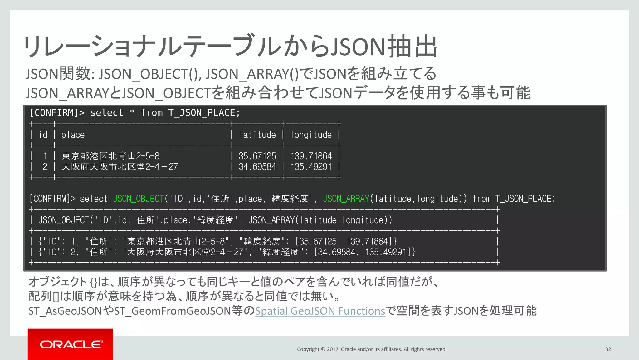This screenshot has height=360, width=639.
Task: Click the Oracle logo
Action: pyautogui.click(x=71, y=344)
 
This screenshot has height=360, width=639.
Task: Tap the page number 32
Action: pyautogui.click(x=608, y=349)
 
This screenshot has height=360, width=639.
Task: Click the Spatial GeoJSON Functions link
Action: pyautogui.click(x=320, y=311)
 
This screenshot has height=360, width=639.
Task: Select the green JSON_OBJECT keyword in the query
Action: pyautogui.click(x=138, y=199)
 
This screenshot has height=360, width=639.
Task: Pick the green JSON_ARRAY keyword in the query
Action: pyautogui.click(x=346, y=199)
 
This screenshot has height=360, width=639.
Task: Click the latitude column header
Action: pyautogui.click(x=257, y=135)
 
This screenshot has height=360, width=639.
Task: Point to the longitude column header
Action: pyautogui.click(x=311, y=135)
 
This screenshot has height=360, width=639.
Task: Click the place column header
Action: pyautogui.click(x=73, y=135)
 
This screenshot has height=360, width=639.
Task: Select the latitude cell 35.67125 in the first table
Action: pyautogui.click(x=257, y=156)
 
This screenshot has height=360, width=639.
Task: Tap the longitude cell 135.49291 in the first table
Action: pyautogui.click(x=311, y=167)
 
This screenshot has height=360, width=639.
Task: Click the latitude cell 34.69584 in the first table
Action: pyautogui.click(x=257, y=167)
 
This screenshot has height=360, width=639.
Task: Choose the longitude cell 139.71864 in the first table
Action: pyautogui.click(x=311, y=156)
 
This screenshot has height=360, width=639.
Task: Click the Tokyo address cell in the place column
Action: pyautogui.click(x=110, y=156)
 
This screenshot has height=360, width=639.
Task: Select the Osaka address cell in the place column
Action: pyautogui.click(x=120, y=167)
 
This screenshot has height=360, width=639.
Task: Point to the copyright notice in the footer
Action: pyautogui.click(x=372, y=349)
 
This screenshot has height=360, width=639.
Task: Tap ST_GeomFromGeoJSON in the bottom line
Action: pyautogui.click(x=173, y=311)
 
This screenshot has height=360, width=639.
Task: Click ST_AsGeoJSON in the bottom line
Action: pyautogui.click(x=65, y=311)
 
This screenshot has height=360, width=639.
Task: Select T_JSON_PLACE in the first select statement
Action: pyautogui.click(x=204, y=113)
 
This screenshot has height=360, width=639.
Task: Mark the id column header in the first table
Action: pyautogui.click(x=43, y=135)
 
